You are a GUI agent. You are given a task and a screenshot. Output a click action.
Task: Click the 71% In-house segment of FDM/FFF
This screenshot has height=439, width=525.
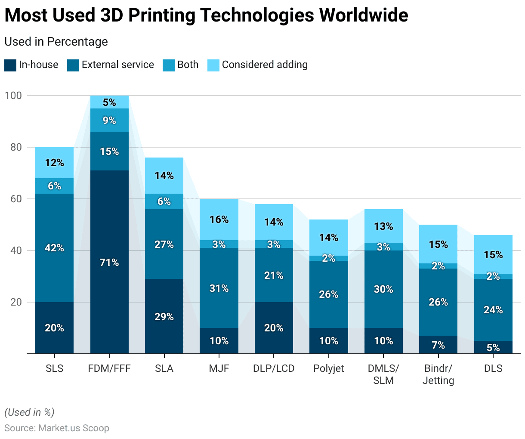pos(109,262)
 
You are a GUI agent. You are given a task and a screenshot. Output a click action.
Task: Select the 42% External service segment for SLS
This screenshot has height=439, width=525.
pos(55,248)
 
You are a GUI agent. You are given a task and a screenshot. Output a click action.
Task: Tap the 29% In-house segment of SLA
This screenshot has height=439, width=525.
pos(164,316)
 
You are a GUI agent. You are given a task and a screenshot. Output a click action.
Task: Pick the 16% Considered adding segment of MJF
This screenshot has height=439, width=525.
pos(219,219)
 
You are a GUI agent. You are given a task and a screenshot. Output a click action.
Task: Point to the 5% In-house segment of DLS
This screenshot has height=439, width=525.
pos(493,347)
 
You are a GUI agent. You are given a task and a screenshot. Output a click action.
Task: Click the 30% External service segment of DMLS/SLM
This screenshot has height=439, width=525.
pos(383,289)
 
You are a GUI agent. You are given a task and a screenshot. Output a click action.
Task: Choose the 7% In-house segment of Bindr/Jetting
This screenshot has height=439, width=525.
pos(438,345)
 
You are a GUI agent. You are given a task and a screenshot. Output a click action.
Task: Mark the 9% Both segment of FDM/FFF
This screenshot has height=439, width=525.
pos(109,120)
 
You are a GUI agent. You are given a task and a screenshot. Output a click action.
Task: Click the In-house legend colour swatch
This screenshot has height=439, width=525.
pos(10,65)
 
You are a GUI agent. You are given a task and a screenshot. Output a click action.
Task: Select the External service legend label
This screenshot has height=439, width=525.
pos(117,65)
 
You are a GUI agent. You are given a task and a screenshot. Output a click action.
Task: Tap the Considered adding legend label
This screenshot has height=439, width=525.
pos(265,65)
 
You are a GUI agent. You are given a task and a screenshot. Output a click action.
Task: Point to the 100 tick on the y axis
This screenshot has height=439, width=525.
pos(13,96)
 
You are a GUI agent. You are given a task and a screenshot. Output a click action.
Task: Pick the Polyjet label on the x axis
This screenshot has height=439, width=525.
pos(329,368)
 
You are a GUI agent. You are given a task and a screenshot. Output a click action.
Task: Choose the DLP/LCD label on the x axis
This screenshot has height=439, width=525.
pos(274,368)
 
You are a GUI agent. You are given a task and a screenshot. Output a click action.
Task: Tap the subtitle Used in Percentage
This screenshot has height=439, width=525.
pos(56,42)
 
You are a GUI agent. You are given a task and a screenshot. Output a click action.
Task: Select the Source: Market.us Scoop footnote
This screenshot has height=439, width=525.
pos(57,428)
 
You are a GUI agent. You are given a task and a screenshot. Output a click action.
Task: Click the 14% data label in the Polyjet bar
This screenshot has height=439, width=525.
pos(329,238)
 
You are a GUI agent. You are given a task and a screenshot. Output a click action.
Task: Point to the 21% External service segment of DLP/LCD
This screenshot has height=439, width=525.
pos(274,275)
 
